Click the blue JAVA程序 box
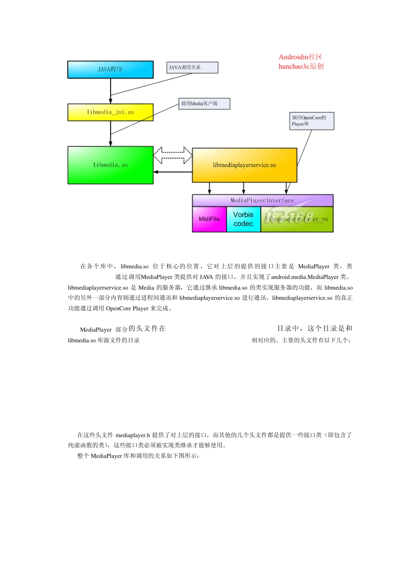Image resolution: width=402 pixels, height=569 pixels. [x=110, y=69]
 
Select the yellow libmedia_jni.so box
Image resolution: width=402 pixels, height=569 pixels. [x=110, y=112]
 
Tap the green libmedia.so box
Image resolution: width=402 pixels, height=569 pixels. [x=110, y=165]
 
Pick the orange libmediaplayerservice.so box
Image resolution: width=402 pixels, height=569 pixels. [x=245, y=165]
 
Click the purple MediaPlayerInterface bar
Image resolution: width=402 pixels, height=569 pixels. [x=262, y=200]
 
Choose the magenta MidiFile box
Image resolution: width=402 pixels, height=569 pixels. [x=209, y=219]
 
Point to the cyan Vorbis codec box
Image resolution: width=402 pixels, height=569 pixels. [x=243, y=219]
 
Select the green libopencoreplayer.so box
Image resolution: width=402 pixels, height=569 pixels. [x=297, y=219]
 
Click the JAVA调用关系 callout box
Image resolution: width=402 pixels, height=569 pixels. [x=192, y=67]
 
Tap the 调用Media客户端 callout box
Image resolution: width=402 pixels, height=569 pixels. [x=204, y=104]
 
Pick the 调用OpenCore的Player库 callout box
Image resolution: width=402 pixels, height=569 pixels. [x=312, y=121]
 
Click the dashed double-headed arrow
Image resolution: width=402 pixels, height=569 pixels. [x=173, y=155]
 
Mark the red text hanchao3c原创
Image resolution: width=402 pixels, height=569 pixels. [x=301, y=66]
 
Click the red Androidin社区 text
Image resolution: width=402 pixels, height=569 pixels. [x=300, y=57]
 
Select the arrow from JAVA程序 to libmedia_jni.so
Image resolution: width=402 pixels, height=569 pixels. [x=110, y=91]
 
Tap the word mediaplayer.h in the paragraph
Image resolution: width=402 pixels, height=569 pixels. [x=133, y=435]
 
